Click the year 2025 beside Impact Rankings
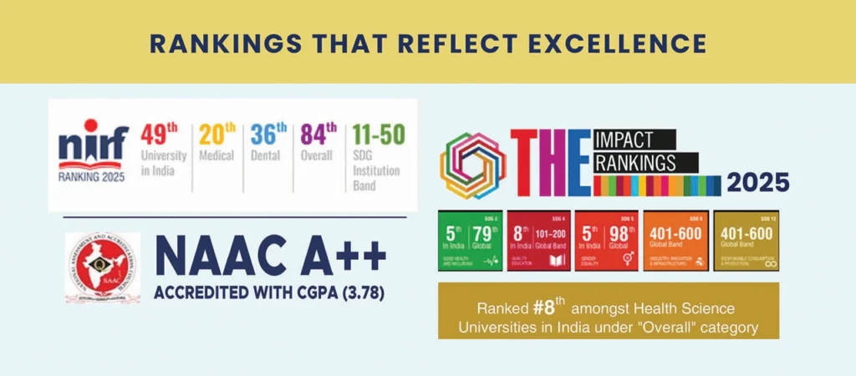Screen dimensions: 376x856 click(x=757, y=181)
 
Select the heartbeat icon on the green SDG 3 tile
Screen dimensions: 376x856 click(x=489, y=262)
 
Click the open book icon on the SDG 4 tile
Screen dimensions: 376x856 click(x=558, y=262)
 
